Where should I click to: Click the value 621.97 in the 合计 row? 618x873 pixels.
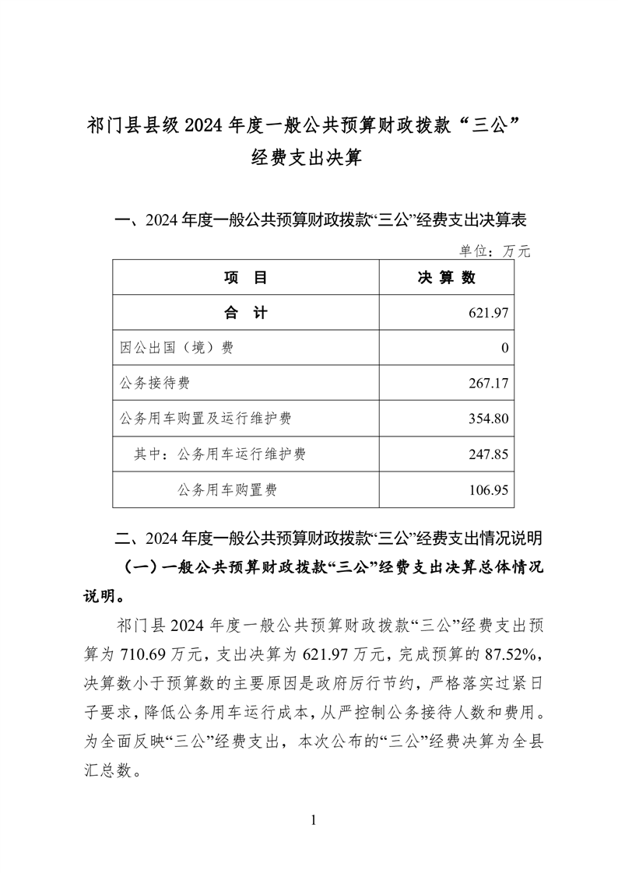pyautogui.click(x=489, y=313)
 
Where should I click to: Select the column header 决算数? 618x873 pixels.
pyautogui.click(x=447, y=277)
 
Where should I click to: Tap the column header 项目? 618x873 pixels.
pyautogui.click(x=245, y=277)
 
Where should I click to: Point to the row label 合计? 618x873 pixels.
pyautogui.click(x=245, y=313)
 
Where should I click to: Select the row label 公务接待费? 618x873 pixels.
pyautogui.click(x=155, y=383)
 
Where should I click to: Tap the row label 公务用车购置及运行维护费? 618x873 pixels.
pyautogui.click(x=205, y=419)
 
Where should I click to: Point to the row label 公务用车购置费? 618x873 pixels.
pyautogui.click(x=227, y=489)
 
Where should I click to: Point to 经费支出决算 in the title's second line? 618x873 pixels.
pyautogui.click(x=308, y=160)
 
